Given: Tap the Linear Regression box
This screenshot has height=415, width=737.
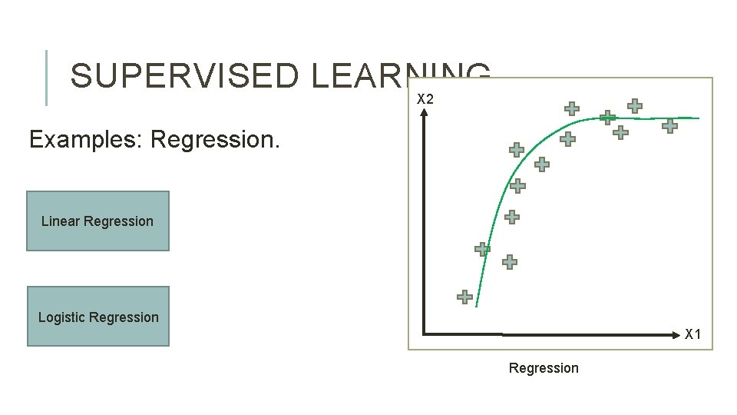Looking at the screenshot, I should (x=97, y=221).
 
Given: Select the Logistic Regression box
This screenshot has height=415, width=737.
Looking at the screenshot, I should (x=98, y=317).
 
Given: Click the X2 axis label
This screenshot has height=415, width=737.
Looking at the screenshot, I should (x=425, y=99).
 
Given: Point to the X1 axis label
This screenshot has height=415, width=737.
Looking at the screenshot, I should (x=692, y=334).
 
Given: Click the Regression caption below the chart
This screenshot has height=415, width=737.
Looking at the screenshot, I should (x=544, y=368).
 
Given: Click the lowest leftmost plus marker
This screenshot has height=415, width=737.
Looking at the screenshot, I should (x=464, y=297).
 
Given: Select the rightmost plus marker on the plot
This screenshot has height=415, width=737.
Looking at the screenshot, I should (x=670, y=126).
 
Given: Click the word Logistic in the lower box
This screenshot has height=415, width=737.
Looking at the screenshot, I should (x=62, y=317).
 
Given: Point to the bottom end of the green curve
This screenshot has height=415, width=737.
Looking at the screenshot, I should (x=476, y=306).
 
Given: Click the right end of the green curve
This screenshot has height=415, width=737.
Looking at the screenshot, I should (x=698, y=118).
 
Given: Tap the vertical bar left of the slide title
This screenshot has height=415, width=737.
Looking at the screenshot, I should (x=47, y=77).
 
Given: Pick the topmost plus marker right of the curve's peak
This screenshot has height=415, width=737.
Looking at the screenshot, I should (x=635, y=106).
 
